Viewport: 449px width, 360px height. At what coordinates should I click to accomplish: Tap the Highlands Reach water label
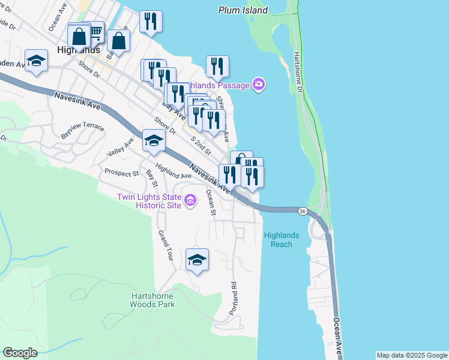[278, 239]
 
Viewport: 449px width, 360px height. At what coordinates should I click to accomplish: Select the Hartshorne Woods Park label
[152, 300]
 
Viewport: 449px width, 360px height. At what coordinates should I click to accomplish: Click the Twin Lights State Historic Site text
[148, 200]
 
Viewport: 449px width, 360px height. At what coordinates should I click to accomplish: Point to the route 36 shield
[303, 211]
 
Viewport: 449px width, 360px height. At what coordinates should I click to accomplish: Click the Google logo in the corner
[20, 353]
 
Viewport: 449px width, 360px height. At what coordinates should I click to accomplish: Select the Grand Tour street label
[165, 245]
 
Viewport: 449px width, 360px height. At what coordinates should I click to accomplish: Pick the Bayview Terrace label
[82, 128]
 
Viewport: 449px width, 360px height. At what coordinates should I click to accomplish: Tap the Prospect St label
[121, 173]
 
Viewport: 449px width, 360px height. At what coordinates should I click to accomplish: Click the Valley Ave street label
[120, 148]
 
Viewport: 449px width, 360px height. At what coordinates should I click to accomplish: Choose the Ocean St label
[210, 202]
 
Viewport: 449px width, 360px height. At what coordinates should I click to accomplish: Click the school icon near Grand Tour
[197, 260]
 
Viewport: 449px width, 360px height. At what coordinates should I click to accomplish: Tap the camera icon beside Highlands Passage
[259, 85]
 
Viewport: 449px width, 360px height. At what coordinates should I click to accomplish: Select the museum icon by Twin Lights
[190, 200]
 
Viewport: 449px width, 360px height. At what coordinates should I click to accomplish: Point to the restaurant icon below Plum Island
[217, 66]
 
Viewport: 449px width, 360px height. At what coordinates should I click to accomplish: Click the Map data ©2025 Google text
[412, 355]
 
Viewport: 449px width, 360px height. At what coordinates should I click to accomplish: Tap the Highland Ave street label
[173, 172]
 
